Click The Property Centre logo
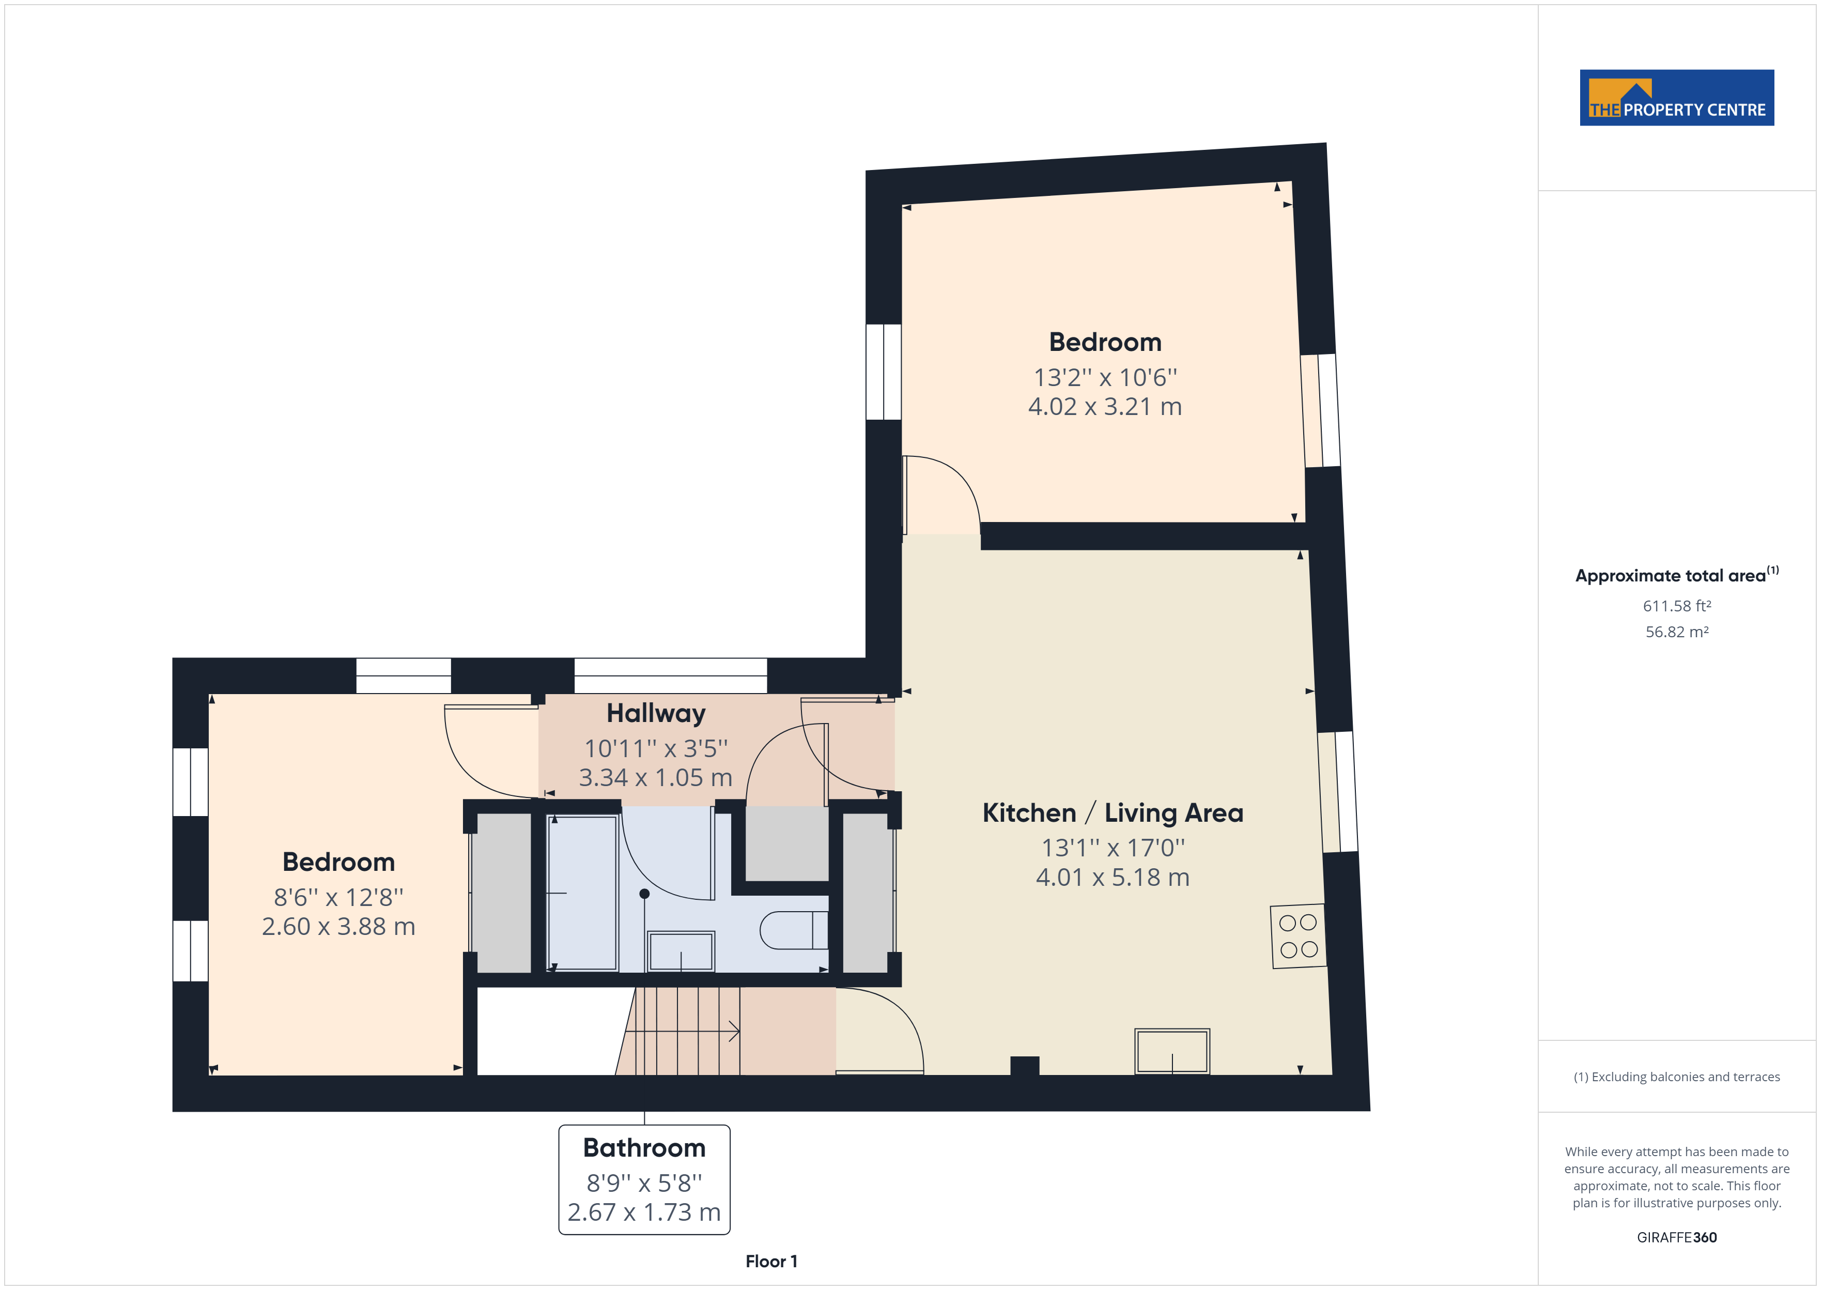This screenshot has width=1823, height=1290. [x=1676, y=97]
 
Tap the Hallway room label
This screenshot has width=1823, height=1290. [x=656, y=713]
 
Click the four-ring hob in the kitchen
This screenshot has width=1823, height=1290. [x=1298, y=936]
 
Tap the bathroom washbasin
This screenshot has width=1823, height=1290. [x=681, y=951]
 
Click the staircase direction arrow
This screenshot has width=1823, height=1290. [x=683, y=1031]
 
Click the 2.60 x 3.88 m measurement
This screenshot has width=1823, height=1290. [x=338, y=926]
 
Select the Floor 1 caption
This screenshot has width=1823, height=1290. [x=771, y=1262]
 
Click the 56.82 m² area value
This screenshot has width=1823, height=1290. [x=1677, y=632]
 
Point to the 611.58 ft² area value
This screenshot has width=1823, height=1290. [x=1677, y=606]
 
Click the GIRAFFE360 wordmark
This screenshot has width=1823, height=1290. [x=1677, y=1238]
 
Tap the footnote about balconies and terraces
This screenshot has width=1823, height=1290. [x=1677, y=1077]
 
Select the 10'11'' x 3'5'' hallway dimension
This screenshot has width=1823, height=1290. [x=656, y=748]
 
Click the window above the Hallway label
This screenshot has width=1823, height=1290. [x=670, y=676]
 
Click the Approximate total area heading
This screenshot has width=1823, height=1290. [x=1677, y=575]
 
